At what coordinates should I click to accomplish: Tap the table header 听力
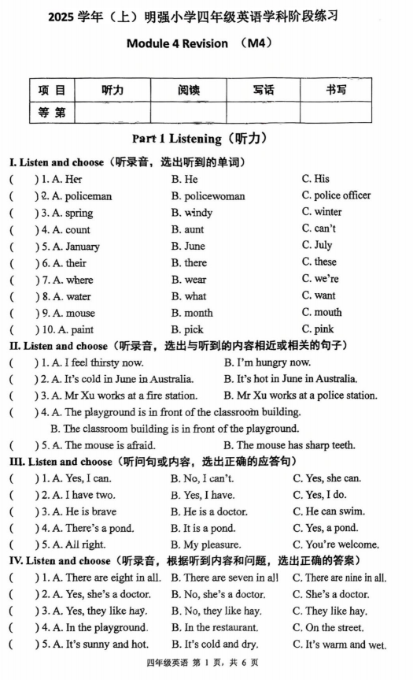point(112,91)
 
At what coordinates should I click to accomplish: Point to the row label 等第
point(52,113)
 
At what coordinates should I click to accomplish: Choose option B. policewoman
point(208,196)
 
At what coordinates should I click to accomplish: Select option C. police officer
point(336,195)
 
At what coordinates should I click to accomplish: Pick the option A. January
point(71,246)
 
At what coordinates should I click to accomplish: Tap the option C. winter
point(322,212)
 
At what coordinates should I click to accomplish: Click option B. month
point(192,313)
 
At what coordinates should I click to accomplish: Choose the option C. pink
point(317,329)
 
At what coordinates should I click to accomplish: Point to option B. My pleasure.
point(205,544)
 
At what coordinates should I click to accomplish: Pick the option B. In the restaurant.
point(215,628)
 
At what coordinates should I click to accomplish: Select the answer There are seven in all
point(224,578)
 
